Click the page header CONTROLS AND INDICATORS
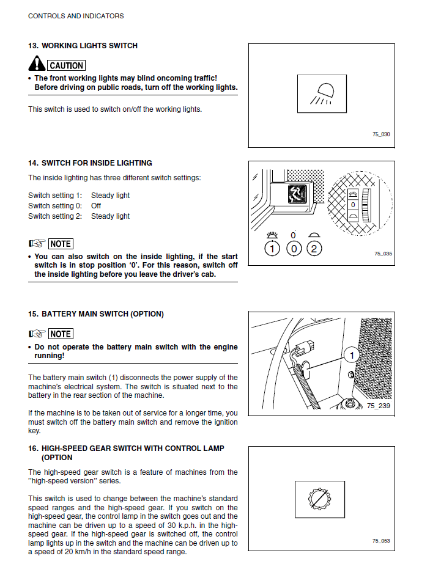76,16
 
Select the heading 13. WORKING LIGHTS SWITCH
83,46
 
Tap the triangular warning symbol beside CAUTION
37,64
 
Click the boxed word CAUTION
66,65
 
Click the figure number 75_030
381,134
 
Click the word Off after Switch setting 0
96,206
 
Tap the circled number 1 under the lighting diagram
273,249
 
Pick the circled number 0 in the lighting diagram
294,249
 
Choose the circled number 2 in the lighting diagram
314,249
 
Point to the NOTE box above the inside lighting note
61,244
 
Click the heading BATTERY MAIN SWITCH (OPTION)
102,314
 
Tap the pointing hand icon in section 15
37,334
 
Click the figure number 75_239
378,406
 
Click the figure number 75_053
381,541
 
